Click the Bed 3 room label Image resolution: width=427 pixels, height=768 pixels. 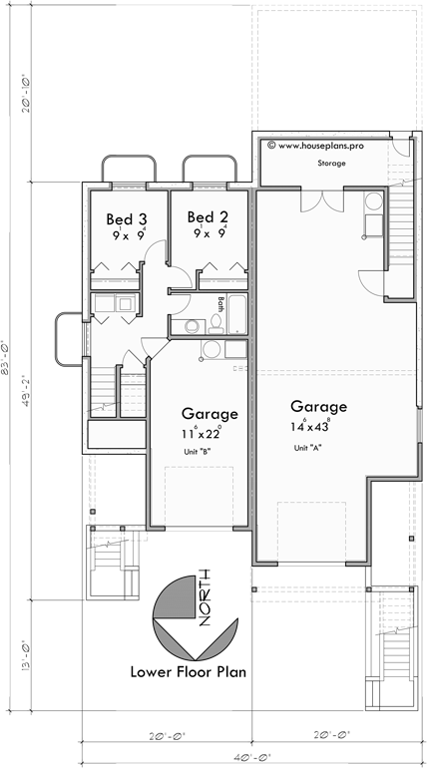(127, 218)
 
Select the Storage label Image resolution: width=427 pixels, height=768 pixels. (331, 162)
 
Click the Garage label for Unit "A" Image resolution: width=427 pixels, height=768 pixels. (318, 407)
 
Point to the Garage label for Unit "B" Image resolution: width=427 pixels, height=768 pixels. (210, 413)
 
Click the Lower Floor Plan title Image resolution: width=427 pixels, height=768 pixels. (188, 671)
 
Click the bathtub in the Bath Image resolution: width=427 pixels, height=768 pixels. (238, 315)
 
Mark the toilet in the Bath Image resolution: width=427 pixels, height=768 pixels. (194, 325)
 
